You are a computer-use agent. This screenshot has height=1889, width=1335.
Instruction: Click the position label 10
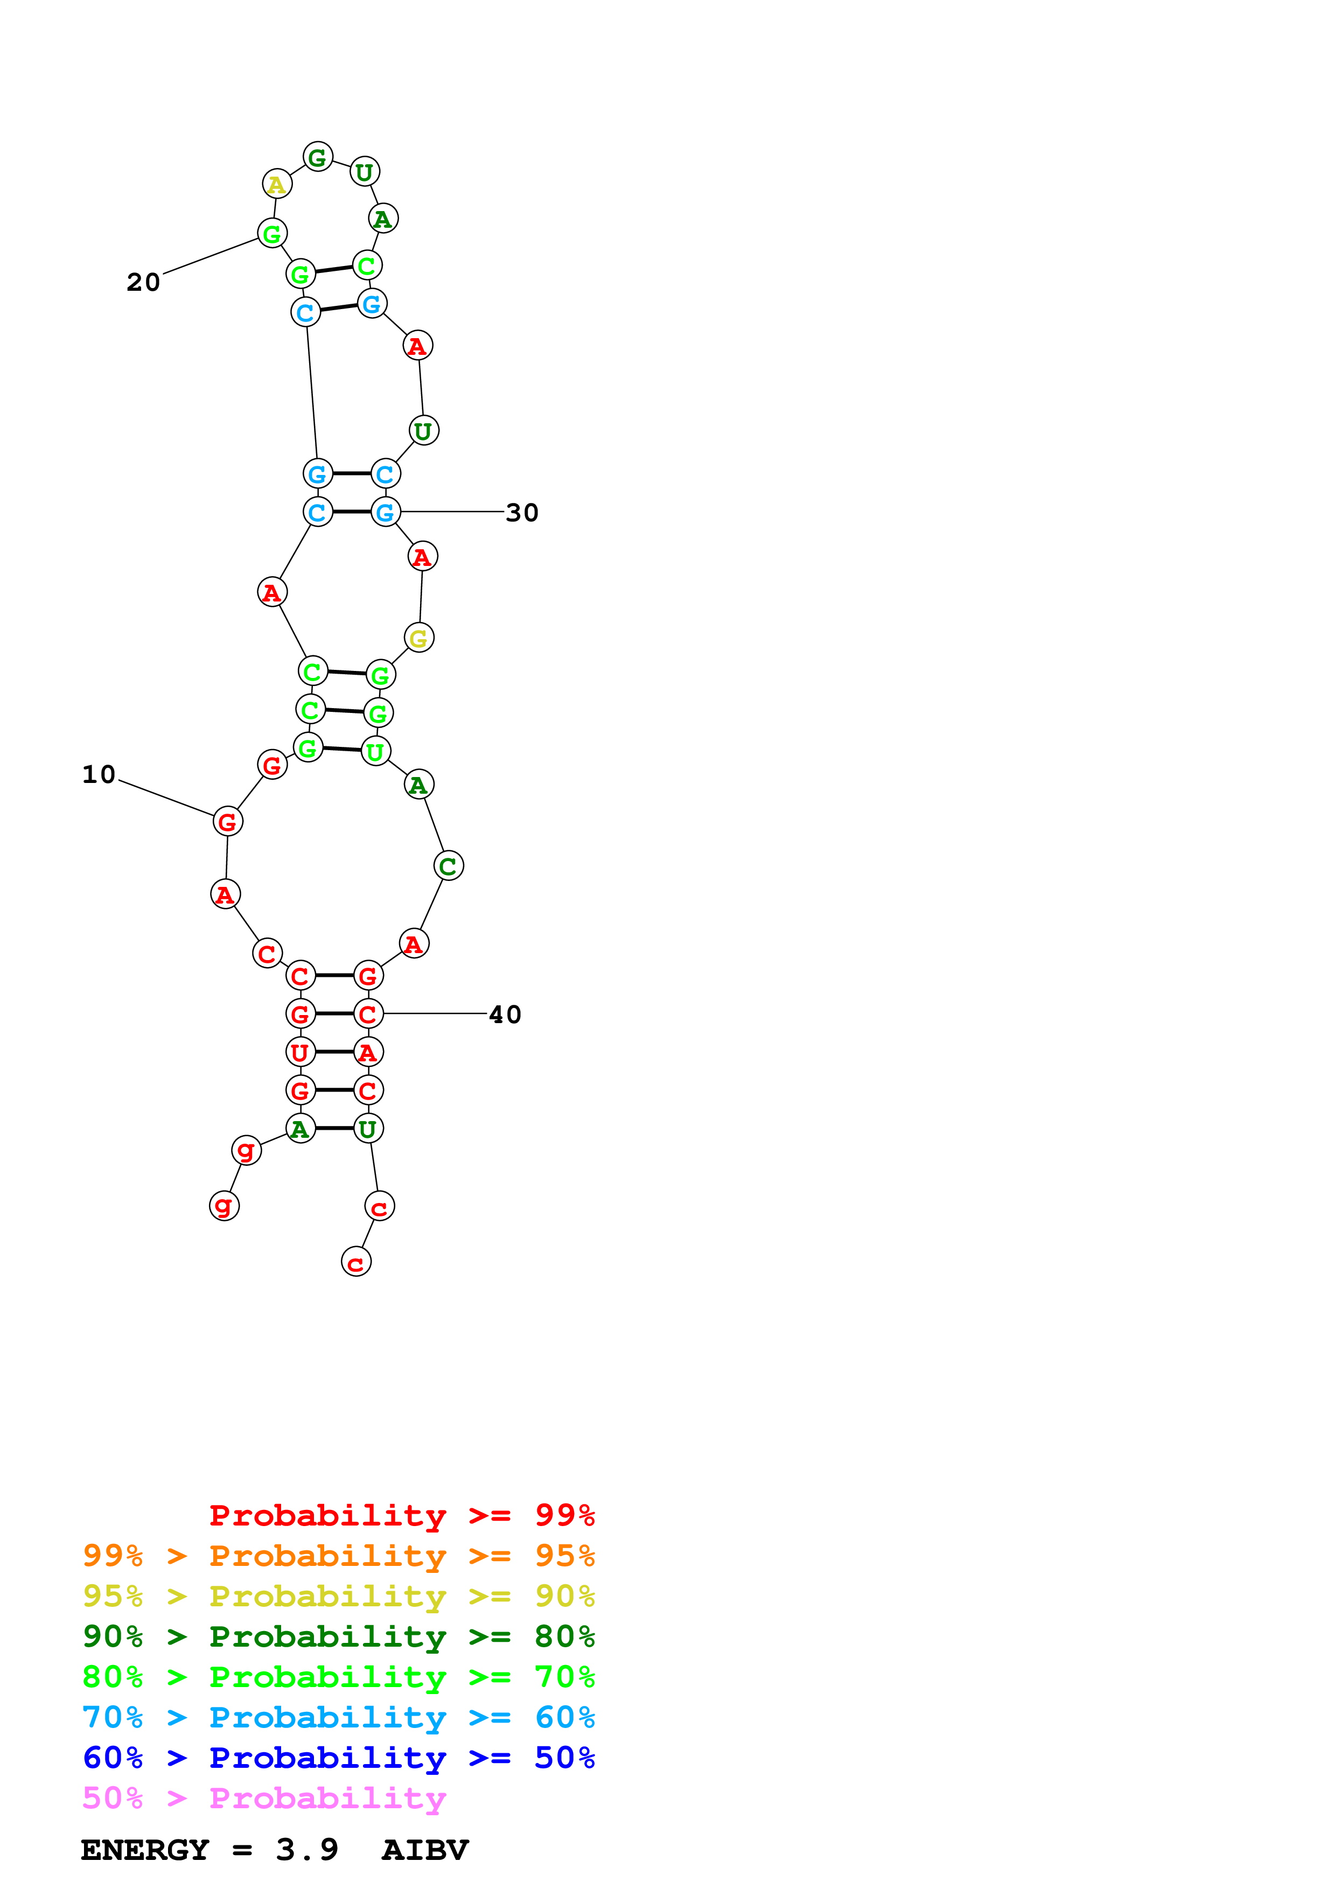point(99,774)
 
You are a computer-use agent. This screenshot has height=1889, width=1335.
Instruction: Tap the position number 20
point(143,282)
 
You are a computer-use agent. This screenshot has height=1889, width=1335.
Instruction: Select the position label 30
point(521,513)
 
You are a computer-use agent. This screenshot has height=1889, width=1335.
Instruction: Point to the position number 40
point(505,1015)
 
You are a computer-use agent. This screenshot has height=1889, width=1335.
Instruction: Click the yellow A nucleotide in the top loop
point(277,184)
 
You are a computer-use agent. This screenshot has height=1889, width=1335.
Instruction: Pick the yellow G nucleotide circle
point(418,638)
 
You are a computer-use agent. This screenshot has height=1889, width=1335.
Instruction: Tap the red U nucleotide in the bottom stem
point(300,1052)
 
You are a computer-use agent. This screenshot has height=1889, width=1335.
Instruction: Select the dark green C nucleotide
point(448,865)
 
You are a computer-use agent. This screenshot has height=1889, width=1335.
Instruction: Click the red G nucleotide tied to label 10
point(228,821)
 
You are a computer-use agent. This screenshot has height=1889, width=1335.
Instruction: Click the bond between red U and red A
point(334,1052)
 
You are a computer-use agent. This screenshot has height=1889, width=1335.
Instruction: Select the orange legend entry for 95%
point(338,1556)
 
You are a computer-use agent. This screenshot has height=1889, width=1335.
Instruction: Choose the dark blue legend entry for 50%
point(338,1758)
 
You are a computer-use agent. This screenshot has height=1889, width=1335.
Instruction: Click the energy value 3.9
point(307,1850)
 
